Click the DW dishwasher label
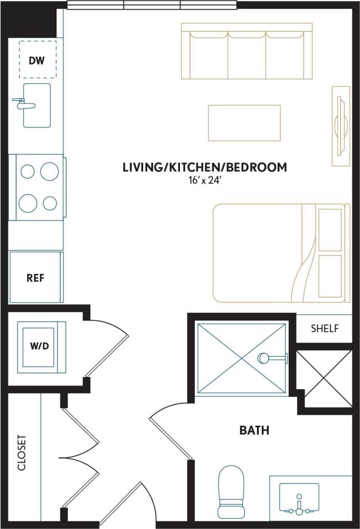(x=37, y=60)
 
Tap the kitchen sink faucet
(x=23, y=104)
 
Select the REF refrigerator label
(x=35, y=278)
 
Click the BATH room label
(x=254, y=430)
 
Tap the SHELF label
(x=325, y=329)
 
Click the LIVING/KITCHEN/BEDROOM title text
(x=204, y=167)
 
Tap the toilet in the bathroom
(x=230, y=491)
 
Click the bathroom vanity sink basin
(x=299, y=498)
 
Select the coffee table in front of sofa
(x=244, y=123)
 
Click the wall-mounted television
(x=341, y=125)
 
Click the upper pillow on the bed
(x=330, y=229)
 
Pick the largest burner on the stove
(x=28, y=203)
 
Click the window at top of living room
(x=152, y=5)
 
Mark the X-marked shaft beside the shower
(x=324, y=378)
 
